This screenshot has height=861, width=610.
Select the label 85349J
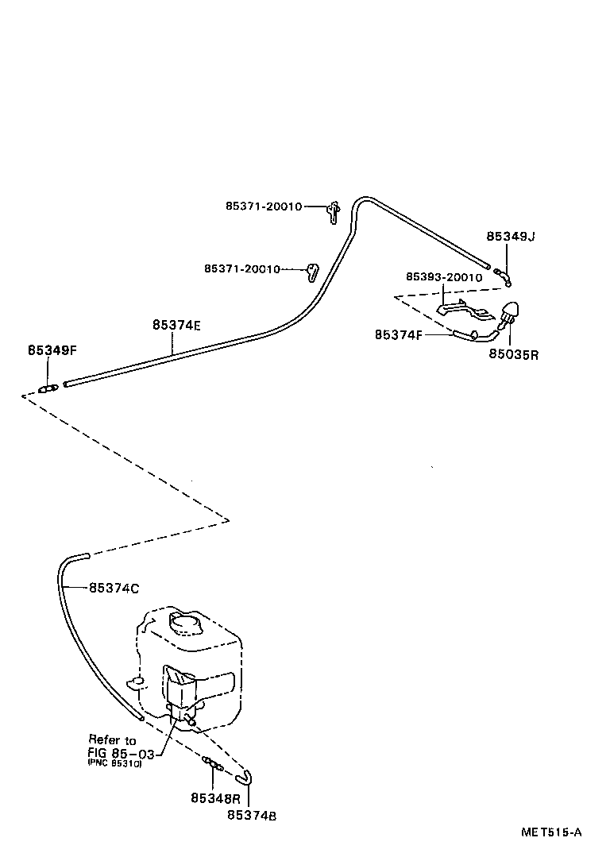[x=511, y=236]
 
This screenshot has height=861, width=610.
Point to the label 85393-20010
[x=443, y=277]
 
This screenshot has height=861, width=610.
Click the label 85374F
[x=398, y=335]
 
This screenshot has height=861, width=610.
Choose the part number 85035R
[x=513, y=354]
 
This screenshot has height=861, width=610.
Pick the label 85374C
[x=114, y=589]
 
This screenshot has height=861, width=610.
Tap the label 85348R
[x=214, y=797]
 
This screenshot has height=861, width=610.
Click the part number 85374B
[x=252, y=815]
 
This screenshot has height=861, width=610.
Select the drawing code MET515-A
[x=551, y=832]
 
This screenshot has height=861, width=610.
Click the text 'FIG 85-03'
[x=115, y=752]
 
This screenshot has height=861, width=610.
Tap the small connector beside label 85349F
[x=48, y=388]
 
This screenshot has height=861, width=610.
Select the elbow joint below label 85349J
[x=504, y=276]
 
